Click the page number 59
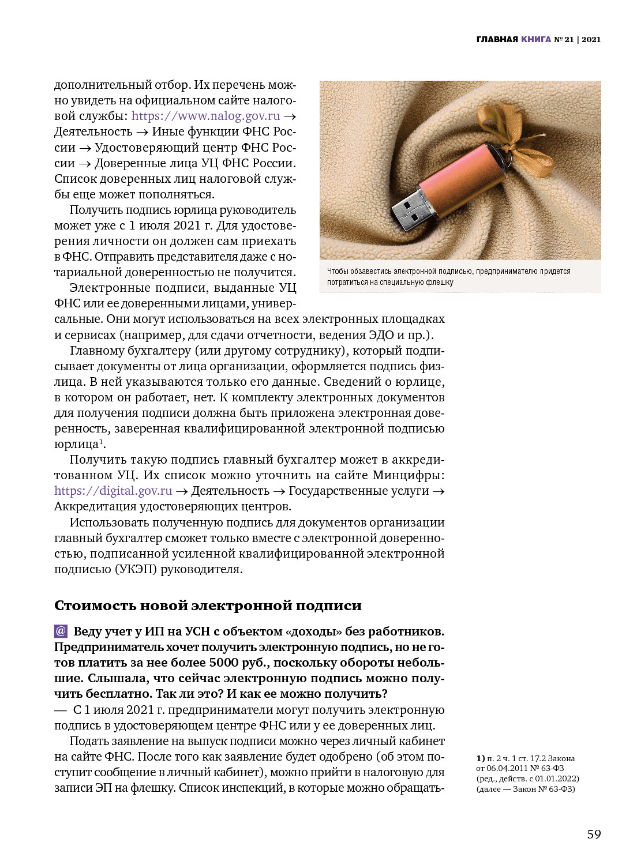click(594, 834)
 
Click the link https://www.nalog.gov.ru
click(205, 116)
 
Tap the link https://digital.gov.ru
click(113, 491)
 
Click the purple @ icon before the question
click(61, 631)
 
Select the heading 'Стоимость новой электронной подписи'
click(208, 605)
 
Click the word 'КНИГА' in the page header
click(536, 40)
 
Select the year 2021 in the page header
click(591, 40)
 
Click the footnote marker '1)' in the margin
click(481, 758)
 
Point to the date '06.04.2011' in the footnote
click(507, 768)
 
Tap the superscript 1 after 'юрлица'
click(102, 442)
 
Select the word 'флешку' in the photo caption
click(440, 283)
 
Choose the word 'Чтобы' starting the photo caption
click(338, 271)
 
